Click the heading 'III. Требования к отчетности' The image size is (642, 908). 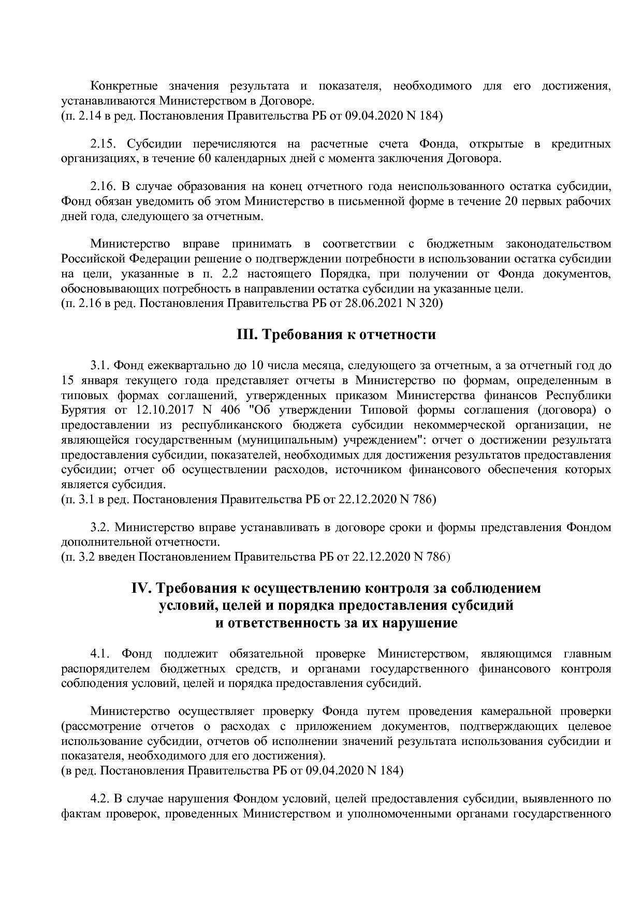[336, 335]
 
